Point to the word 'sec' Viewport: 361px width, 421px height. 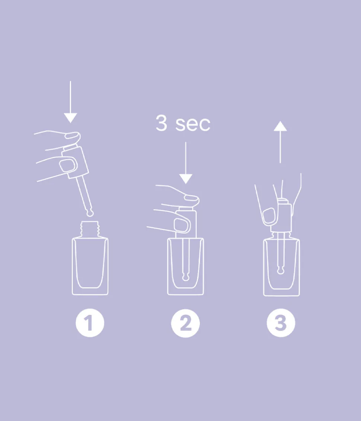click(193, 124)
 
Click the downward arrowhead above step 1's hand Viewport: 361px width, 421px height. click(70, 118)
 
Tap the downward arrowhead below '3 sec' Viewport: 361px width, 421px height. click(185, 179)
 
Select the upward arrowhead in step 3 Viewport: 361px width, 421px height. click(280, 127)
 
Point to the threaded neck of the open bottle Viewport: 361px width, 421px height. click(90, 228)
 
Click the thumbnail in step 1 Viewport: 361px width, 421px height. click(67, 165)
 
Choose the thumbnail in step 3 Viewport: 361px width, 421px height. click(269, 215)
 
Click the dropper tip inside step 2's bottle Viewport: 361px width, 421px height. click(185, 277)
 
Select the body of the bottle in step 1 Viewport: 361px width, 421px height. click(90, 266)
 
